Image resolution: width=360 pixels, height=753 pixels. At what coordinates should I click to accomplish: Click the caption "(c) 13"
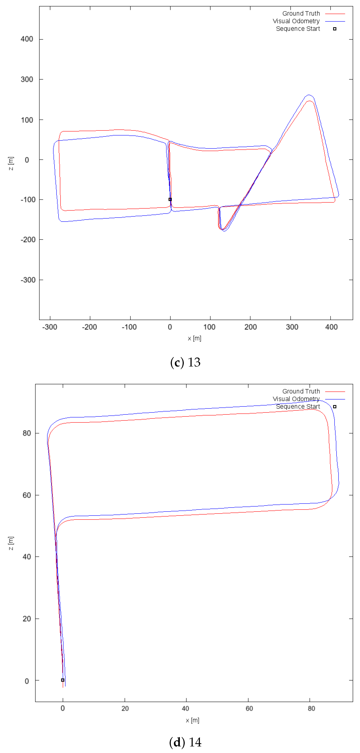185,363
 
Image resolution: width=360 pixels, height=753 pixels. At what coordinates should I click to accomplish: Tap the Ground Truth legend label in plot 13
301,13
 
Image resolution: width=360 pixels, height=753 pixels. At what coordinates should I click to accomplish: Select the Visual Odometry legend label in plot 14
296,399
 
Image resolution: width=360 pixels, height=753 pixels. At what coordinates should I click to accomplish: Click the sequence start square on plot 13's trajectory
170,199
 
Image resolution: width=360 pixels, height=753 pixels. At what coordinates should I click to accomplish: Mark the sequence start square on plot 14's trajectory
63,680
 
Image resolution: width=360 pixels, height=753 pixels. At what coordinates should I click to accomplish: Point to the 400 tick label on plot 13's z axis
27,39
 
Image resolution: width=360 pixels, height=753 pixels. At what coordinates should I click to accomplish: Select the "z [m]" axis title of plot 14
11,543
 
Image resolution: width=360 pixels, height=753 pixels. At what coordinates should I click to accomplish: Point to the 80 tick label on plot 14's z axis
27,433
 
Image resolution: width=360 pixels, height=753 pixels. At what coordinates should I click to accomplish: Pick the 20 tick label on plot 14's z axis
27,619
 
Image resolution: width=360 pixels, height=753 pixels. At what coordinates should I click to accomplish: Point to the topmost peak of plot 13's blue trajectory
309,95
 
